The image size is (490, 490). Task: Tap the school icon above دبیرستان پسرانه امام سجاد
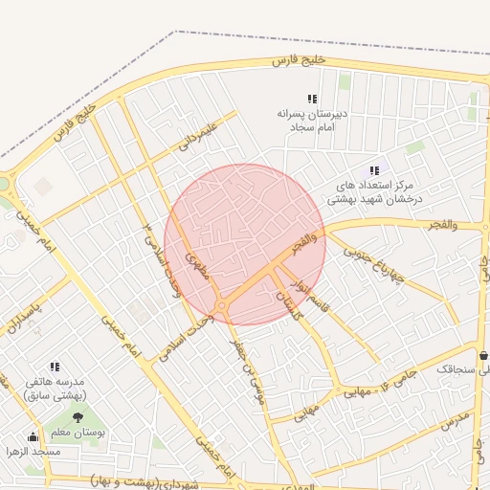click(x=311, y=99)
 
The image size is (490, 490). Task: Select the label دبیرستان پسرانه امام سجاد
click(x=311, y=120)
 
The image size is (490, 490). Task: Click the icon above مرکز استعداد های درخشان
click(x=374, y=170)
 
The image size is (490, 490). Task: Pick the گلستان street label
click(x=285, y=306)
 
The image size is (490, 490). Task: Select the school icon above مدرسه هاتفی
click(x=55, y=366)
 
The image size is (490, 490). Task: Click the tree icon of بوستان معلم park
click(x=77, y=417)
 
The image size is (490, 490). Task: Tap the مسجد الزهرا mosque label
click(x=33, y=451)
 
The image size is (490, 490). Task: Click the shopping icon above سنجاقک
click(x=483, y=354)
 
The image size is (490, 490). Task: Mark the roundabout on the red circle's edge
click(x=222, y=306)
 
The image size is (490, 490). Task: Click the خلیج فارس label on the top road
click(x=299, y=60)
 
